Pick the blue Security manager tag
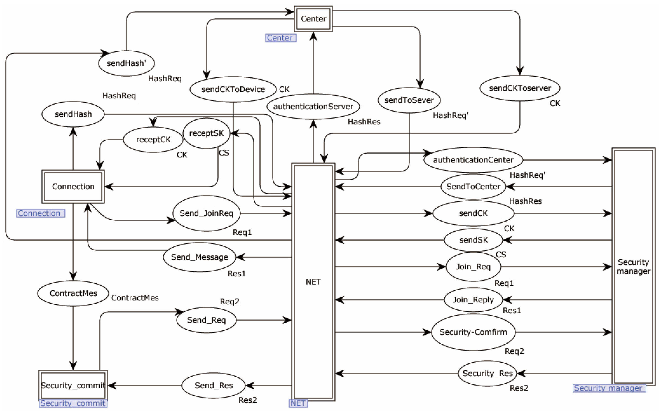point(609,388)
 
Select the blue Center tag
point(281,38)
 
